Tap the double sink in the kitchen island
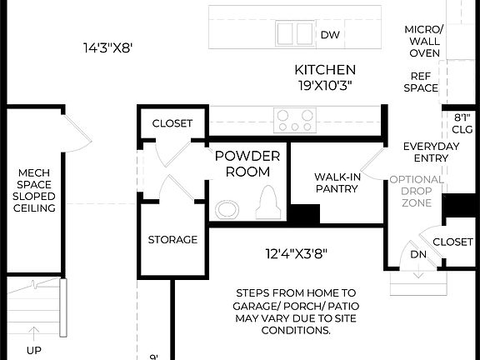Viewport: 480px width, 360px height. coord(294,33)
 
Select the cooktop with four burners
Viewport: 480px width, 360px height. coord(294,120)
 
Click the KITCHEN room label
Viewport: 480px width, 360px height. coord(325,70)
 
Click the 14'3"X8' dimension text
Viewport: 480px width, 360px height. coord(108,48)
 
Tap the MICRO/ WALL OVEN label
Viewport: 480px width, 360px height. coord(424,41)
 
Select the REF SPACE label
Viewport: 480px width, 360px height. coord(421,81)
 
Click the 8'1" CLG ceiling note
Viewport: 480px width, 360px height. coord(462,123)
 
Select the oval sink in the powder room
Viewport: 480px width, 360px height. coord(227,208)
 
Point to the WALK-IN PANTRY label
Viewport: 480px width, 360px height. coord(336,182)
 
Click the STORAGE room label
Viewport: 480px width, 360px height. coord(172,240)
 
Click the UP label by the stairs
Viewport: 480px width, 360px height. coord(33,351)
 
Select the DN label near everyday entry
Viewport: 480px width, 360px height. coord(417,255)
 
